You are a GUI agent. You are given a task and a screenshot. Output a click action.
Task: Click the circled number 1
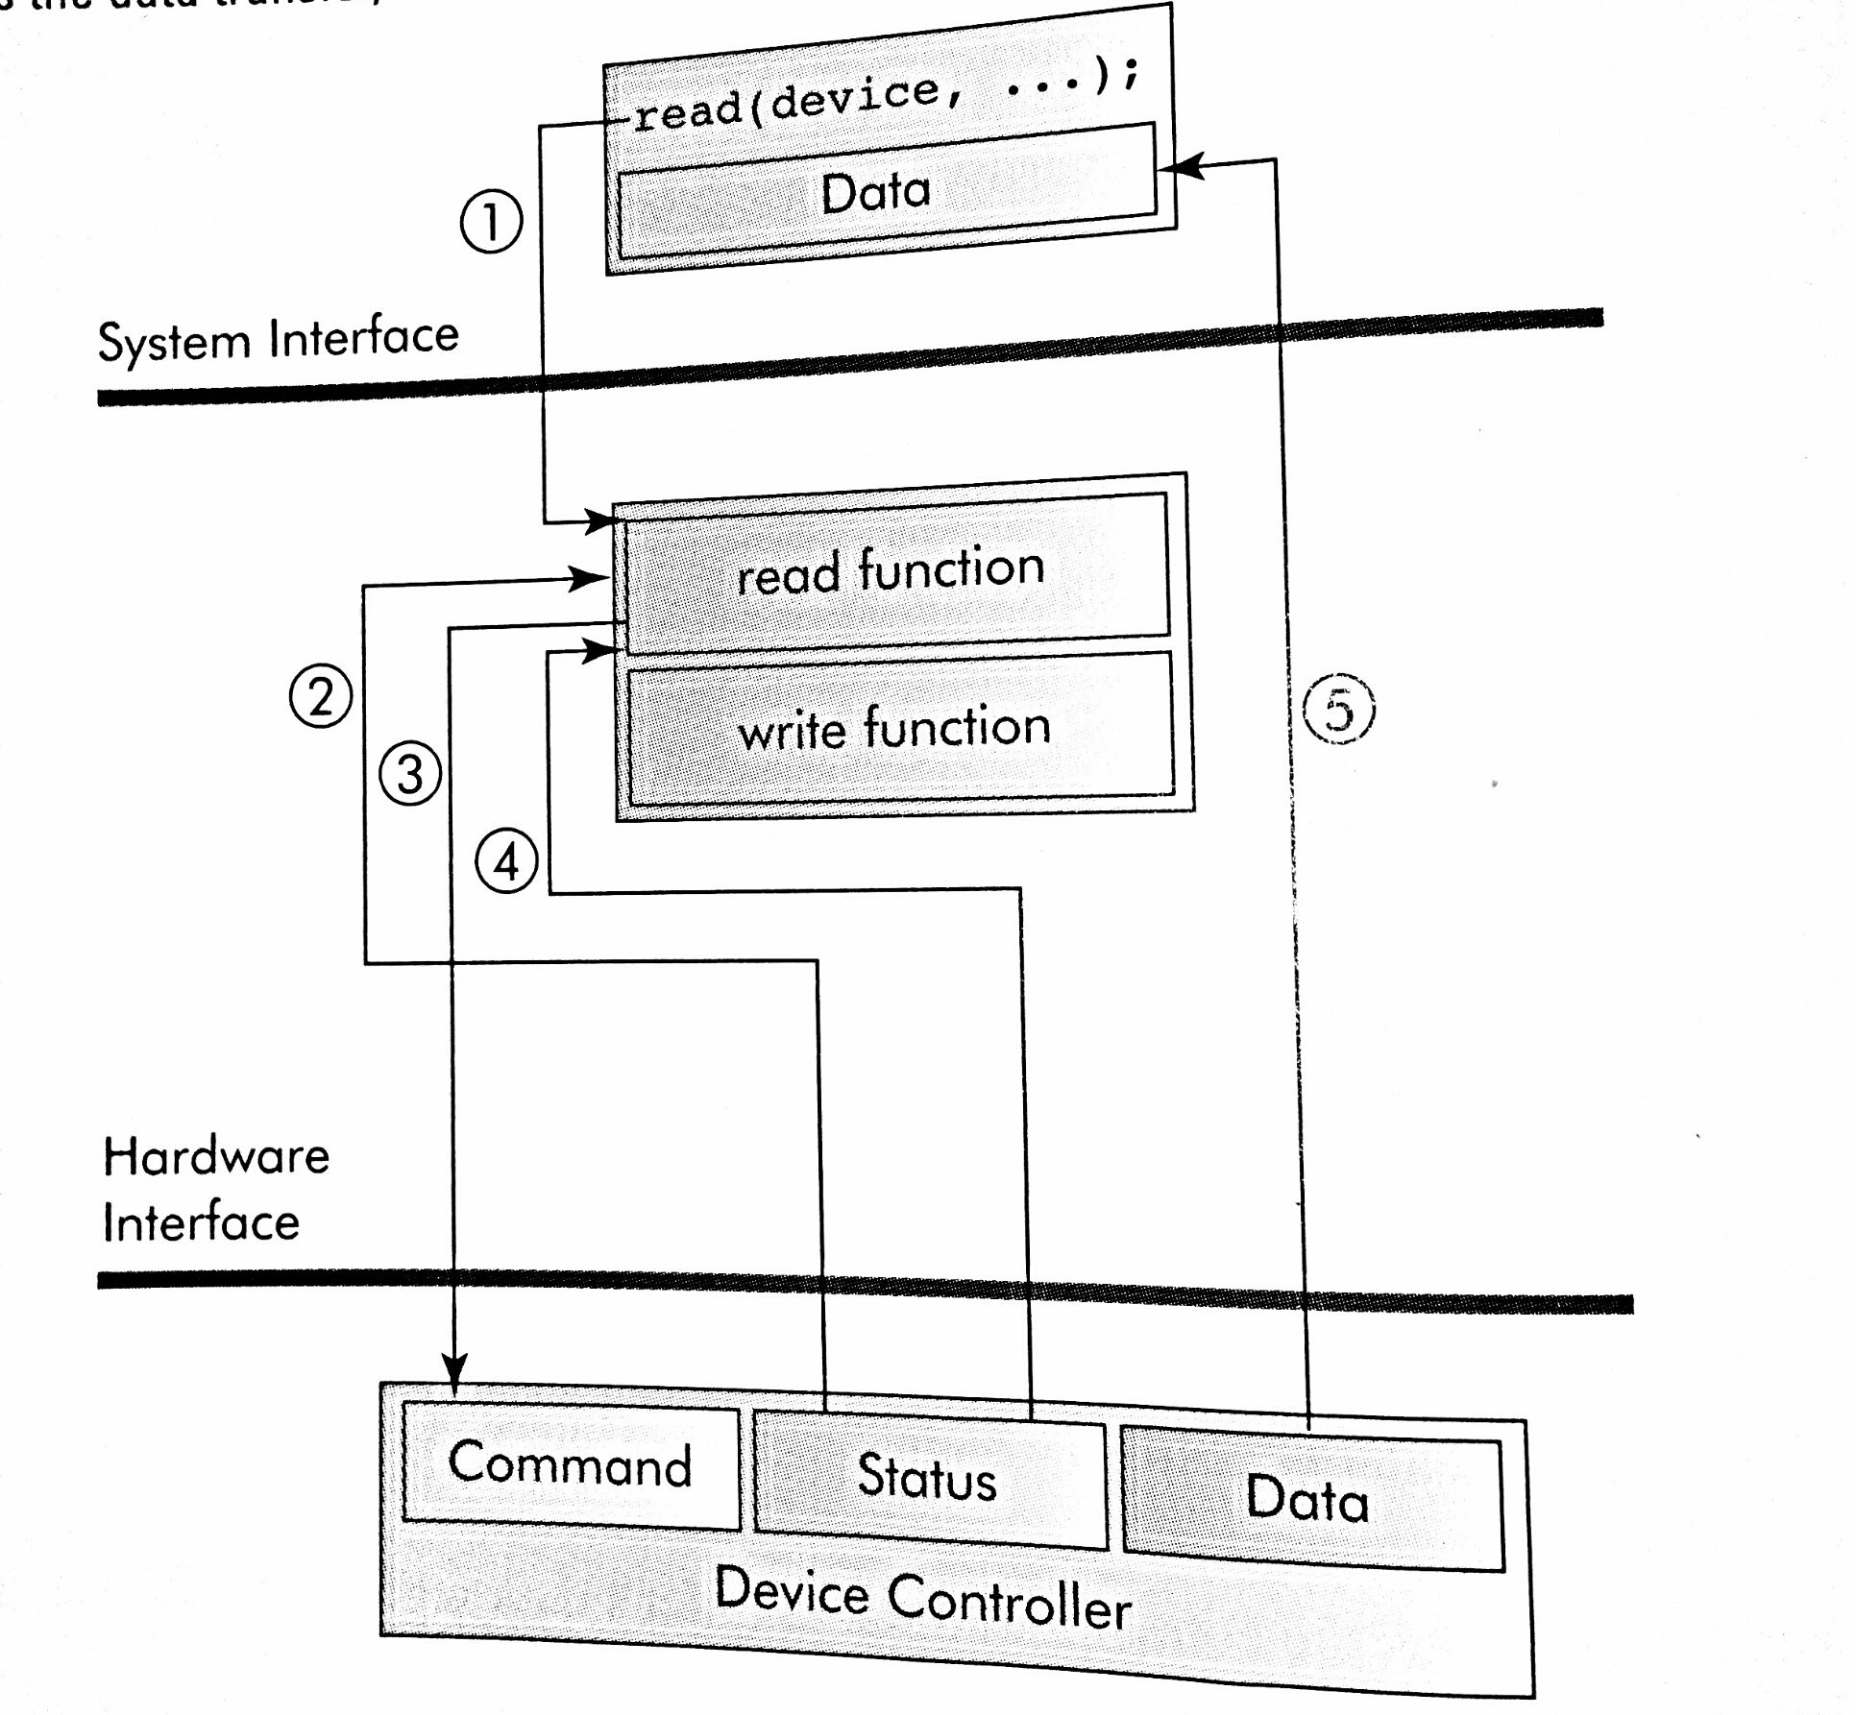pos(491,222)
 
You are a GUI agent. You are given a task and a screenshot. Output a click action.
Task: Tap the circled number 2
pos(321,696)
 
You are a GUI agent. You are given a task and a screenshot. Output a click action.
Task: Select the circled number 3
pos(410,774)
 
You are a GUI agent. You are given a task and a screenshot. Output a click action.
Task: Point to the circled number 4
pos(506,861)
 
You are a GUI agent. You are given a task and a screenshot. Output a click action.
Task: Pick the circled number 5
pos(1338,711)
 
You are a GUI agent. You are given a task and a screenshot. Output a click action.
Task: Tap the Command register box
pos(571,1464)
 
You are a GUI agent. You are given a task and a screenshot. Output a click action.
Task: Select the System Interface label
pos(279,339)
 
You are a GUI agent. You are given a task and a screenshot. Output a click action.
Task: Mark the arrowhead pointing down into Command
pos(454,1368)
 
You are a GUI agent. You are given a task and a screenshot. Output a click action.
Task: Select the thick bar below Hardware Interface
pos(865,1290)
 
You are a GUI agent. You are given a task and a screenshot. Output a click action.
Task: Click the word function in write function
pos(957,726)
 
